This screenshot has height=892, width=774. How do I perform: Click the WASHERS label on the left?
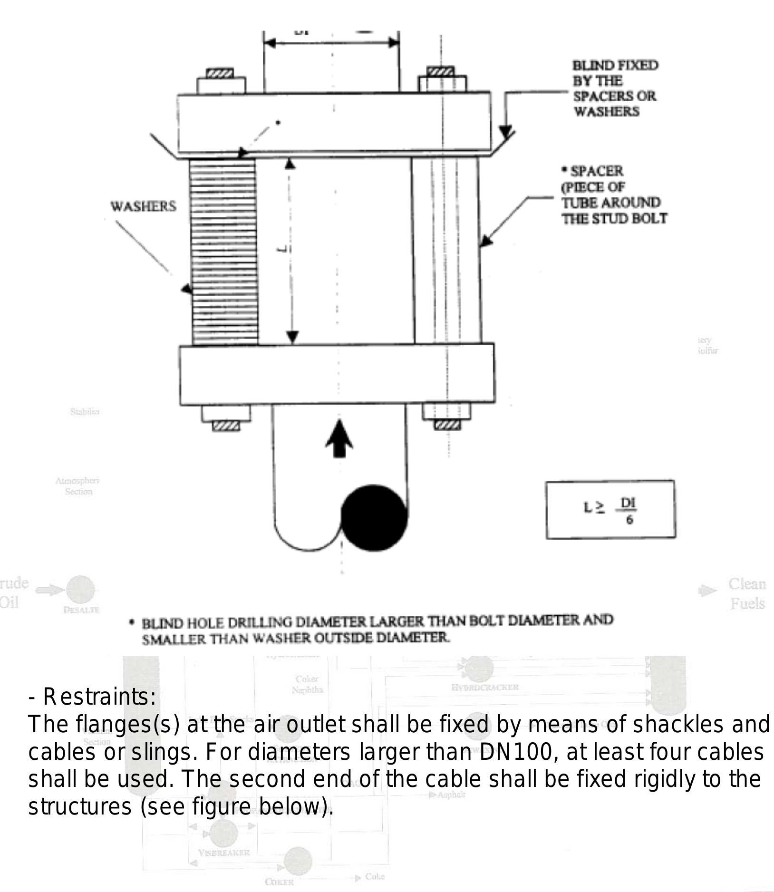pos(143,206)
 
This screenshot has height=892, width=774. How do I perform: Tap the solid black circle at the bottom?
pos(374,518)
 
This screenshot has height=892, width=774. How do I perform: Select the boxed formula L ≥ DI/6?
pos(610,509)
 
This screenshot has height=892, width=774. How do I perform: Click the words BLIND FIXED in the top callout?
pos(615,65)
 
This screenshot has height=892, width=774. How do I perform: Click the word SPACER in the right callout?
pos(596,171)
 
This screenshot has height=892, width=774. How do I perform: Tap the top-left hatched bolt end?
pos(220,73)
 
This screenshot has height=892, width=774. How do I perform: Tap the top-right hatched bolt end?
pos(441,71)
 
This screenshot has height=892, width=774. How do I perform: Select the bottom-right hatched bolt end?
pos(447,425)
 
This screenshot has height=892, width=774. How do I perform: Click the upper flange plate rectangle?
pos(334,123)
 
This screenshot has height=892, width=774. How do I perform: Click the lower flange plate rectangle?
pos(337,374)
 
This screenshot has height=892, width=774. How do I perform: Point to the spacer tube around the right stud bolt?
pos(446,251)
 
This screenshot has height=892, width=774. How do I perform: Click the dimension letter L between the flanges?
pos(284,249)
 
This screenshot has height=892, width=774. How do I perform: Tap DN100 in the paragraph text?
pos(516,752)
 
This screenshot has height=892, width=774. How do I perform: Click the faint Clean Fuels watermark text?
pos(747,593)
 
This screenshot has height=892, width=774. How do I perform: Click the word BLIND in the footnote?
pos(162,623)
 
